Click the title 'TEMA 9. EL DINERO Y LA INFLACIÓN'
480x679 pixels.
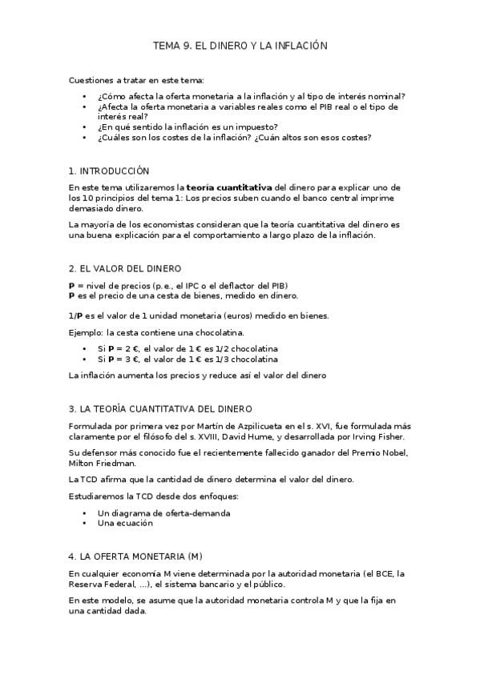click(x=240, y=46)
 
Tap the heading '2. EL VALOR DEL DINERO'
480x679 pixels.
click(x=125, y=268)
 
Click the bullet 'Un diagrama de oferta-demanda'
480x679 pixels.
click(x=163, y=512)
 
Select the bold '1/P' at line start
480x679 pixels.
click(x=77, y=315)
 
